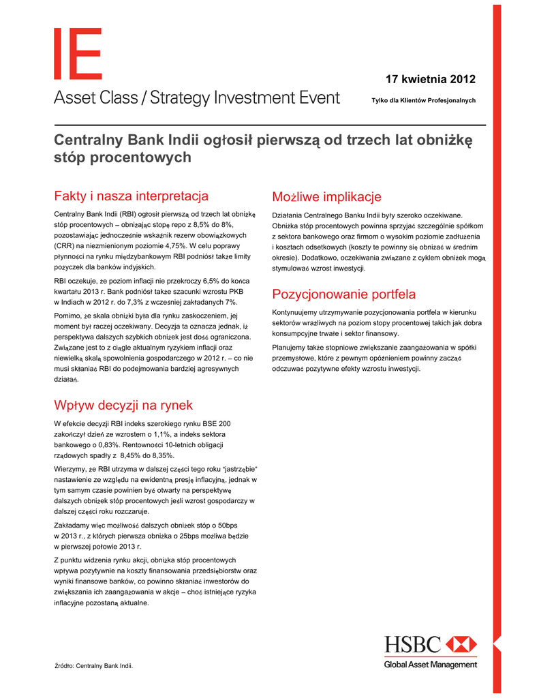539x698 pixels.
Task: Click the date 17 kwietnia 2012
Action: [431, 78]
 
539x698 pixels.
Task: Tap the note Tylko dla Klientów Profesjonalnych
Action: [423, 101]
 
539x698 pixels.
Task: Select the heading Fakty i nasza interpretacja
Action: [131, 197]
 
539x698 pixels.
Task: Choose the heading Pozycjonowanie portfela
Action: [343, 294]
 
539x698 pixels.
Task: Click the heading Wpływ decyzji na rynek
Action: [123, 406]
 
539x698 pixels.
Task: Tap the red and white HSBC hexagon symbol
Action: [461, 644]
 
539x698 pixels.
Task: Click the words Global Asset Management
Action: [430, 665]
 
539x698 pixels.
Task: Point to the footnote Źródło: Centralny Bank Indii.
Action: [93, 665]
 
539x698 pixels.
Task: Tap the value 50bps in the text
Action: [224, 526]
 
